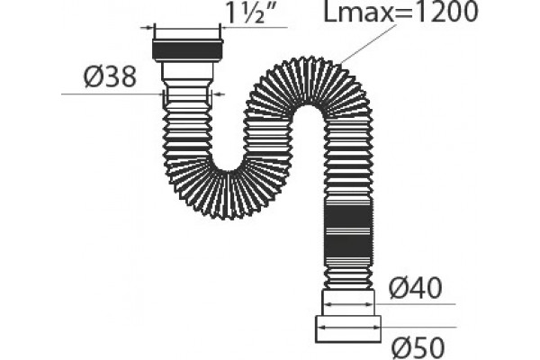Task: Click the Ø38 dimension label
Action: (110, 76)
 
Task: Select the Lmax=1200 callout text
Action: (401, 12)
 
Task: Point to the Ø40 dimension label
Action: (415, 288)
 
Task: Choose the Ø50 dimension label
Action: (418, 347)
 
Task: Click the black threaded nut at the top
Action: (188, 50)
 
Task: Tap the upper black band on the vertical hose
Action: (349, 216)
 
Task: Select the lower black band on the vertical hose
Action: (349, 244)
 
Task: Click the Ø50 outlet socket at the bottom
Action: (348, 329)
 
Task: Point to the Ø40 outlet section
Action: (348, 302)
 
